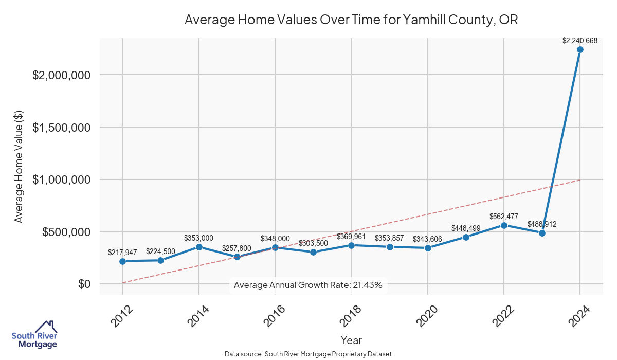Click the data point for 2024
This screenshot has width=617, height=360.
[x=580, y=49]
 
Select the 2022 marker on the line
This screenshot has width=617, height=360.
[x=504, y=225]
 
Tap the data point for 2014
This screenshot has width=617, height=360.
[x=198, y=247]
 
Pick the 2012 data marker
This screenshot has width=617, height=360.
[x=122, y=261]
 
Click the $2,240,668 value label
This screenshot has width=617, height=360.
[x=580, y=40]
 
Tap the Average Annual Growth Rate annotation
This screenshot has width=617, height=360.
[x=308, y=285]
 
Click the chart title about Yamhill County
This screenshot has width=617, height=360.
[x=351, y=20]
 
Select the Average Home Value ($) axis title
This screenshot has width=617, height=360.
[x=19, y=166]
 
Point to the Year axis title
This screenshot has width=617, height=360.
[x=351, y=340]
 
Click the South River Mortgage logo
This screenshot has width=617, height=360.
[x=34, y=335]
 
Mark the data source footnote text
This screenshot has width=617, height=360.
[x=308, y=354]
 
